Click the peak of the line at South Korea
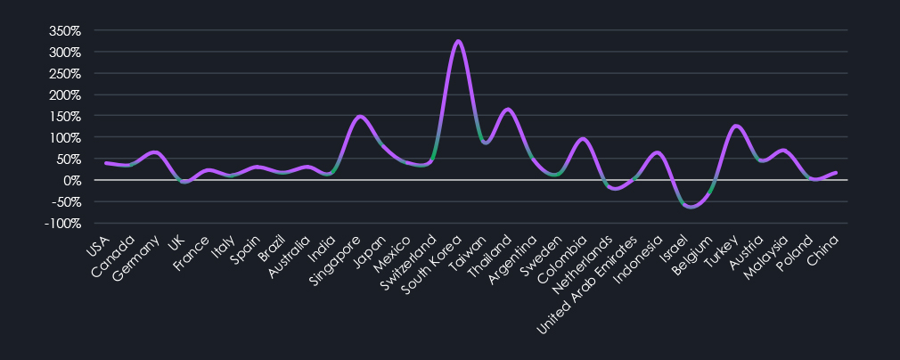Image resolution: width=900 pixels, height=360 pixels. pyautogui.click(x=458, y=41)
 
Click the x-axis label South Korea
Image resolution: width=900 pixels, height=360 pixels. pyautogui.click(x=433, y=258)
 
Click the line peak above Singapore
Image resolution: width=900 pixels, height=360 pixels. pyautogui.click(x=358, y=116)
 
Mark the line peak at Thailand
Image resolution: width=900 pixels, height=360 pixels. pyautogui.click(x=508, y=110)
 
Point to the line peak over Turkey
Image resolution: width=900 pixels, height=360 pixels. pyautogui.click(x=736, y=126)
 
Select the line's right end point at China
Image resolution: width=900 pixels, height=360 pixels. pyautogui.click(x=836, y=173)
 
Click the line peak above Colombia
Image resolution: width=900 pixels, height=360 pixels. pyautogui.click(x=583, y=139)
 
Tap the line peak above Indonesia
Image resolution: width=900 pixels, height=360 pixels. pyautogui.click(x=658, y=152)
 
